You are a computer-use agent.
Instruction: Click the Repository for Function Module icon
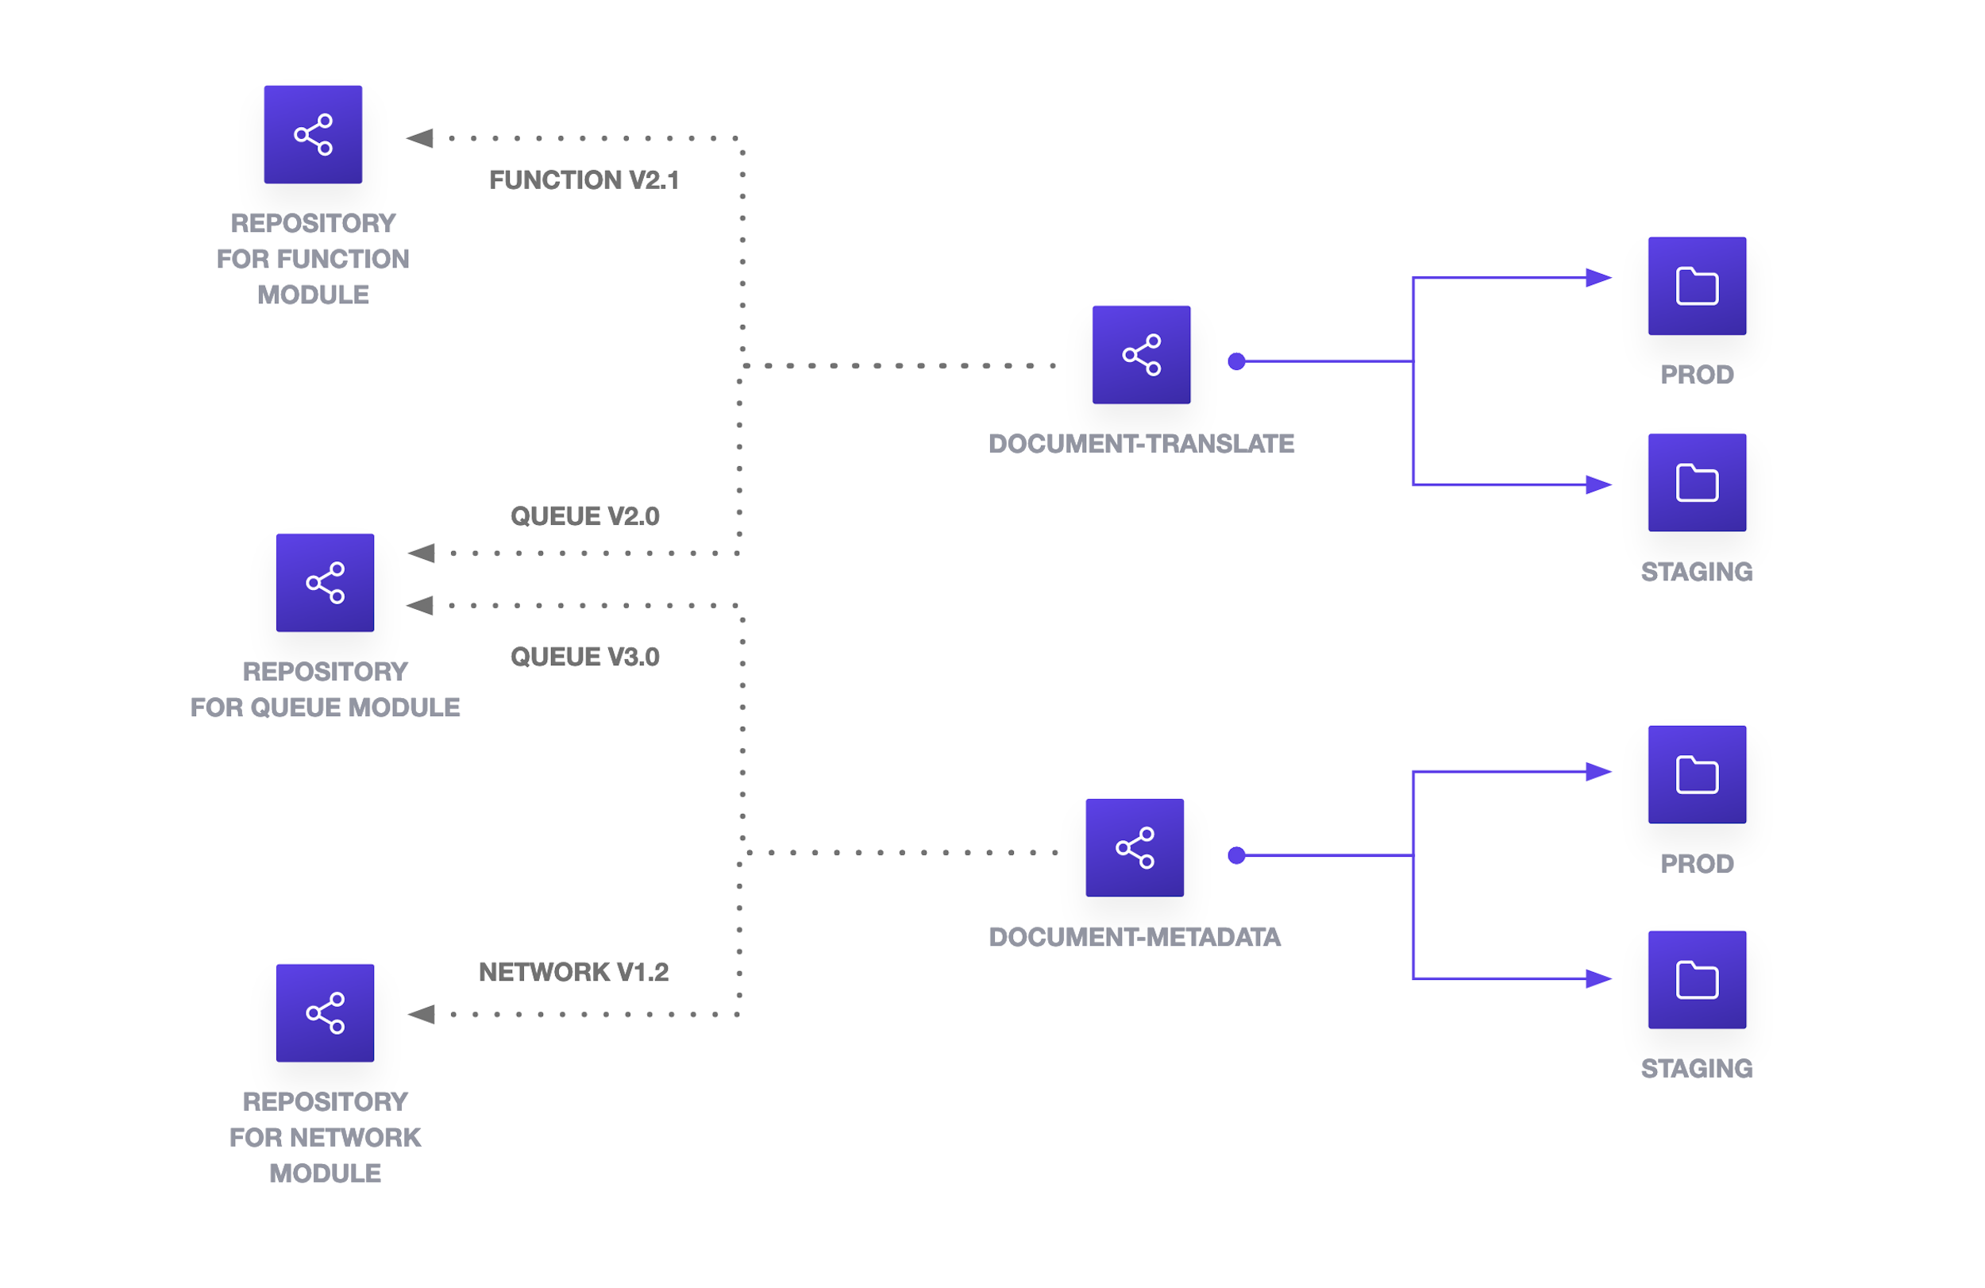pos(313,134)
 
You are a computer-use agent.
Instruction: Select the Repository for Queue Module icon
pos(325,582)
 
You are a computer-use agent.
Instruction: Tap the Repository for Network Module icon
pos(325,1012)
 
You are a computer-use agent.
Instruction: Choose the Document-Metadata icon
pos(1135,847)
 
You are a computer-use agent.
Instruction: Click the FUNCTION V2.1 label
pos(584,180)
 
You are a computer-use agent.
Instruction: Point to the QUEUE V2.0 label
pos(584,516)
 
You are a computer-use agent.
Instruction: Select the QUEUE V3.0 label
pos(584,657)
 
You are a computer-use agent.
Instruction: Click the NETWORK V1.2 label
pos(574,972)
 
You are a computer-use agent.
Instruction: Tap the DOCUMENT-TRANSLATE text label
pos(1141,444)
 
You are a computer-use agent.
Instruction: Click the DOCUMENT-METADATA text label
pos(1135,937)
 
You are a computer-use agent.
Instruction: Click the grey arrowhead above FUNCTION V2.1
pos(419,137)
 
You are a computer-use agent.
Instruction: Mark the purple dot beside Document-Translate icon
pos(1236,361)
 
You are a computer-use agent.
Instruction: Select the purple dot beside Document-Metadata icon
pos(1236,855)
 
